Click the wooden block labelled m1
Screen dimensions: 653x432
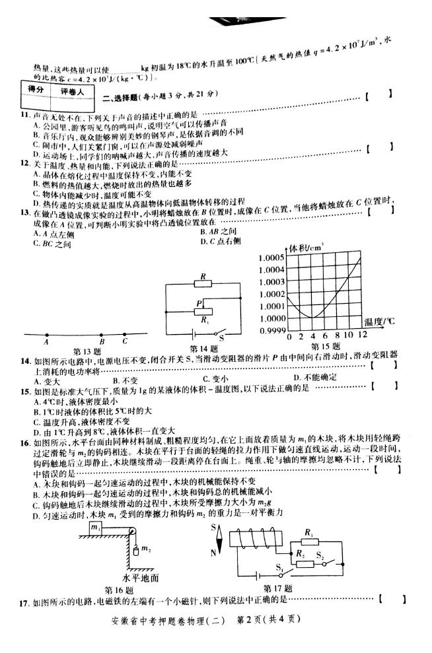96,529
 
